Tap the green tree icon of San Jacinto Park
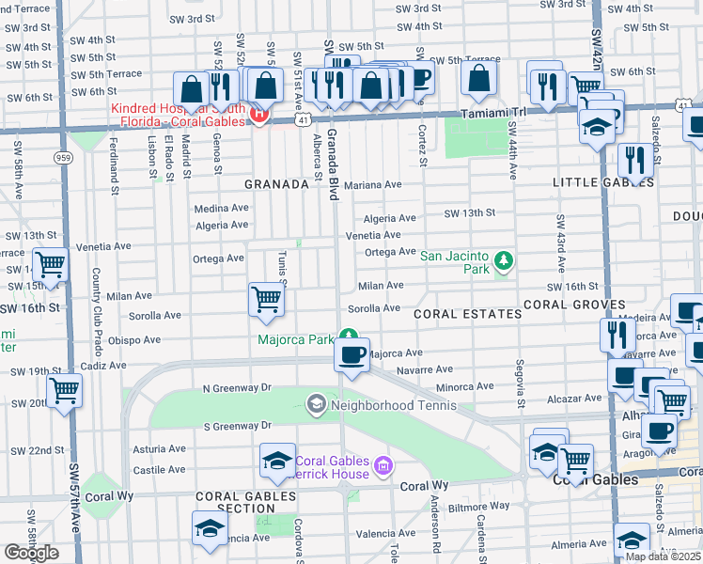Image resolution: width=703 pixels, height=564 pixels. click(x=504, y=258)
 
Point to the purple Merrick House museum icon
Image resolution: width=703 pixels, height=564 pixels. click(x=382, y=465)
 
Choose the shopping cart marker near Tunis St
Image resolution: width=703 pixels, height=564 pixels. click(x=267, y=300)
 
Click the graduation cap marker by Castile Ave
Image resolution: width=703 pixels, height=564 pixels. click(x=276, y=462)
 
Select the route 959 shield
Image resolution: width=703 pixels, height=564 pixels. click(x=64, y=158)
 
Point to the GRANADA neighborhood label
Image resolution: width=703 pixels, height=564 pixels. click(x=277, y=185)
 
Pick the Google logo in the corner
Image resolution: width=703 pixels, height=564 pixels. click(x=31, y=553)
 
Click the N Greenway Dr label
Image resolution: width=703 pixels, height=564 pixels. click(x=236, y=387)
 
